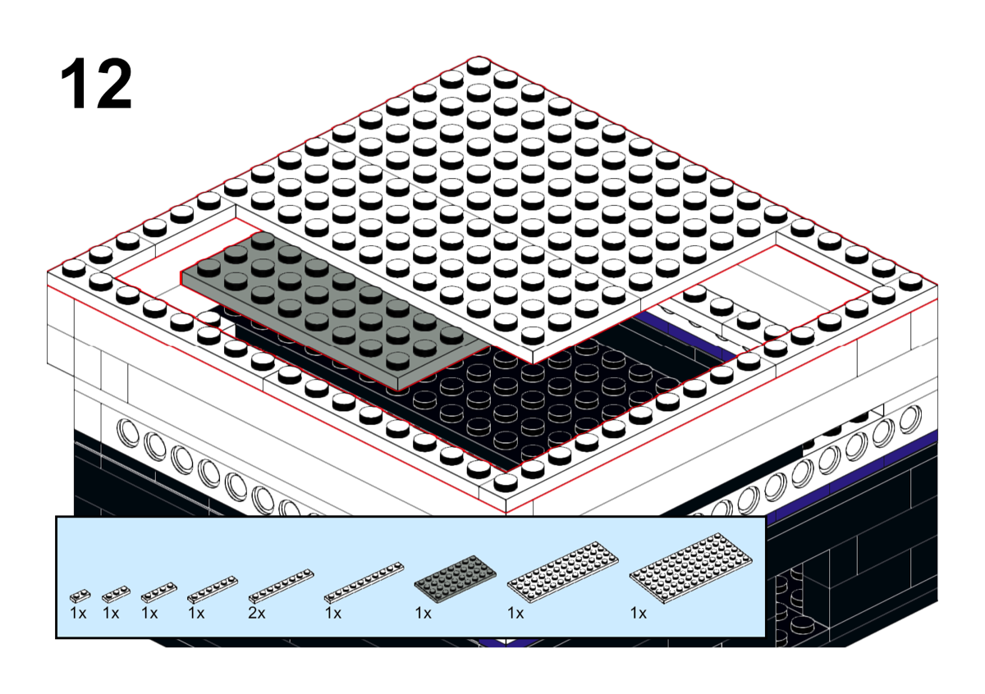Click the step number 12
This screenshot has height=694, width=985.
point(96,84)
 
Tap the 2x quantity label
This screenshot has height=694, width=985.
point(256,613)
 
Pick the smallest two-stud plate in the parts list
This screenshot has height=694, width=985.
point(80,596)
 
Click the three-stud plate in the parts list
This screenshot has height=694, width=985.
point(116,594)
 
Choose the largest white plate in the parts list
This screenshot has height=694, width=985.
point(691,568)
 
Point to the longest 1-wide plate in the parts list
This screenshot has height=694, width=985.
point(364,582)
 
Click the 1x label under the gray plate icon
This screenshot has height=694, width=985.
point(423,613)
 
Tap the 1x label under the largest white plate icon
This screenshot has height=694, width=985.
point(638,613)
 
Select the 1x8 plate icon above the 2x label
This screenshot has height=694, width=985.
point(281,586)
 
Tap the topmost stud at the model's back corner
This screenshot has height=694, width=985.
point(479,66)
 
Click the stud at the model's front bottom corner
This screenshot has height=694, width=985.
point(506,482)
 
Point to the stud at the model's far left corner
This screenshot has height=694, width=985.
point(74,268)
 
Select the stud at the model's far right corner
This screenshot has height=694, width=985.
point(910,282)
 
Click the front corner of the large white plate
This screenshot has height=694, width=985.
point(533,364)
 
